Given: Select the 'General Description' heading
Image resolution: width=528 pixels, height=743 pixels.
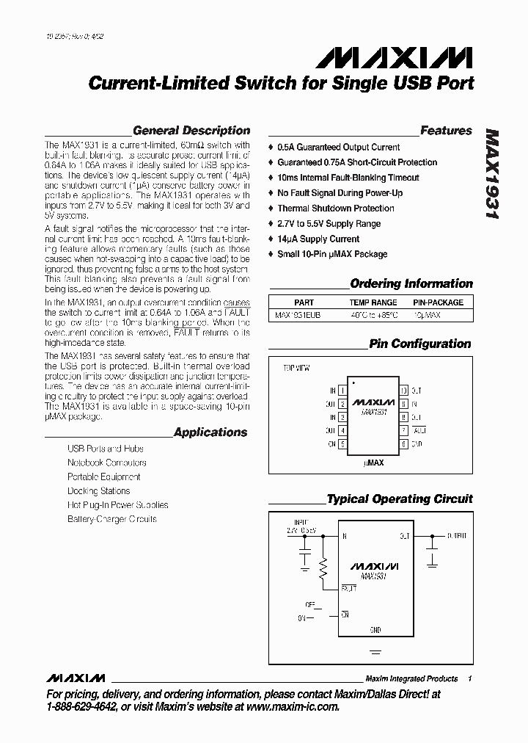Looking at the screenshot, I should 191,131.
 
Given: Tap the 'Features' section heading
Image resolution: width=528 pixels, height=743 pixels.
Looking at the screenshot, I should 446,131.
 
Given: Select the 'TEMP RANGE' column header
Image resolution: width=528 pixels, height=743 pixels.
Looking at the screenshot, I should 373,302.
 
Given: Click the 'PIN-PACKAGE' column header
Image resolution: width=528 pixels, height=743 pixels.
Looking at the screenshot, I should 438,302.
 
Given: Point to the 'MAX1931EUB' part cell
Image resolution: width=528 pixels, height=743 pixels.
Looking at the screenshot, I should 298,315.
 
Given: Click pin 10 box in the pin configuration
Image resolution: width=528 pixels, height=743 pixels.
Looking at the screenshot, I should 403,391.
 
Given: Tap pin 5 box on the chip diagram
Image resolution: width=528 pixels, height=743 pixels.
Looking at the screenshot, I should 342,444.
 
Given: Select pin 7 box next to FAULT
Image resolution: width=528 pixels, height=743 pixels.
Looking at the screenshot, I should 403,431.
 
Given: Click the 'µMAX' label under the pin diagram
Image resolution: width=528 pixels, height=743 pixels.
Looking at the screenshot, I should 373,463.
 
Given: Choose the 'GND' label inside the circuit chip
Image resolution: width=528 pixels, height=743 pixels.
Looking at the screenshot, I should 375,629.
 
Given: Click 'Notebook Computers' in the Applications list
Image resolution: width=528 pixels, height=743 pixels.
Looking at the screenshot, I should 106,463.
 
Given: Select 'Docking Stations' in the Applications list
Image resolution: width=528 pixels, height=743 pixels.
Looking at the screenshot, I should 98,490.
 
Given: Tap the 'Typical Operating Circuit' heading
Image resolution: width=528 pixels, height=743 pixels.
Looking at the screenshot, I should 400,499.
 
